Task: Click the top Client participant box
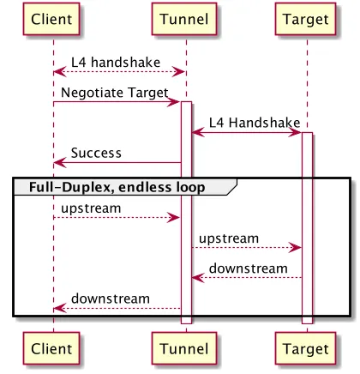click(x=53, y=18)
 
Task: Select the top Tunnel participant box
click(x=186, y=18)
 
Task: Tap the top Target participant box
click(x=306, y=18)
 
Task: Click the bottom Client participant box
click(x=53, y=349)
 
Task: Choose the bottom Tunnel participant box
click(x=186, y=349)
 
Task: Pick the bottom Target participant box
click(x=306, y=349)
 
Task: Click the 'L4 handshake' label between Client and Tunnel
click(x=118, y=62)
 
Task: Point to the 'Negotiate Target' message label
click(x=114, y=92)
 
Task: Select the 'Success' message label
click(x=96, y=153)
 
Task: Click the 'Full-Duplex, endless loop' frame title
click(x=118, y=186)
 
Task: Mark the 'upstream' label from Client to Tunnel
click(x=91, y=208)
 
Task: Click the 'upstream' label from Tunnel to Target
click(x=229, y=238)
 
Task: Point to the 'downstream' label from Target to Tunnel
click(x=249, y=268)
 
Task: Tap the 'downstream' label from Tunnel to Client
click(x=111, y=299)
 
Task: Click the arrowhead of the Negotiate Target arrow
click(x=177, y=103)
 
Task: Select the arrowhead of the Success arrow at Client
click(x=58, y=163)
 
